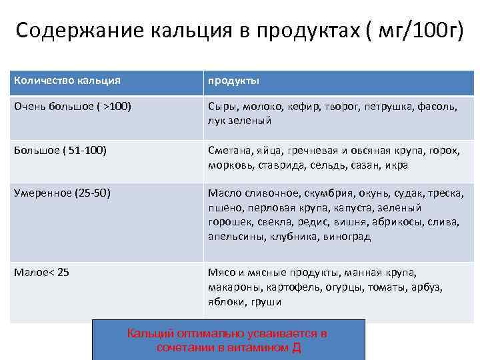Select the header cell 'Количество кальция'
67,81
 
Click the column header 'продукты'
233,81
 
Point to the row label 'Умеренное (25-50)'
62,193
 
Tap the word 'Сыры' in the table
222,106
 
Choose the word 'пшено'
222,208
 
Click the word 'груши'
267,301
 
